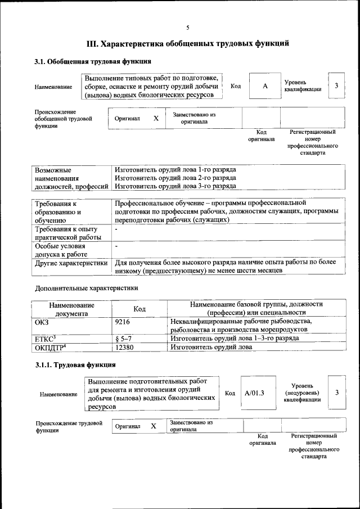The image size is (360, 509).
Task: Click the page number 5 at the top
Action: click(188, 28)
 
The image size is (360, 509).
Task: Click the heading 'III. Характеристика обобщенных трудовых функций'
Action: click(188, 43)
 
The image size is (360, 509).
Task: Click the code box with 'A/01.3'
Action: click(254, 393)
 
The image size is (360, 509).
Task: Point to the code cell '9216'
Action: click(122, 321)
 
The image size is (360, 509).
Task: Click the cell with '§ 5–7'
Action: click(123, 339)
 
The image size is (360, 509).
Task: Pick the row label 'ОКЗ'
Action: click(42, 321)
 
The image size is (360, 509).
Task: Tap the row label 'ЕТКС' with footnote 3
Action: click(46, 339)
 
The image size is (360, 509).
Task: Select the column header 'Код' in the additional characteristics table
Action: click(139, 309)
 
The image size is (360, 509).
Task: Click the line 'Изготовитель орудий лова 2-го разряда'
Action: click(175, 178)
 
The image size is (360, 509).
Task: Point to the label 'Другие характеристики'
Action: click(71, 262)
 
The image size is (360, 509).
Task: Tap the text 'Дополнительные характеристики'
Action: click(86, 288)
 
